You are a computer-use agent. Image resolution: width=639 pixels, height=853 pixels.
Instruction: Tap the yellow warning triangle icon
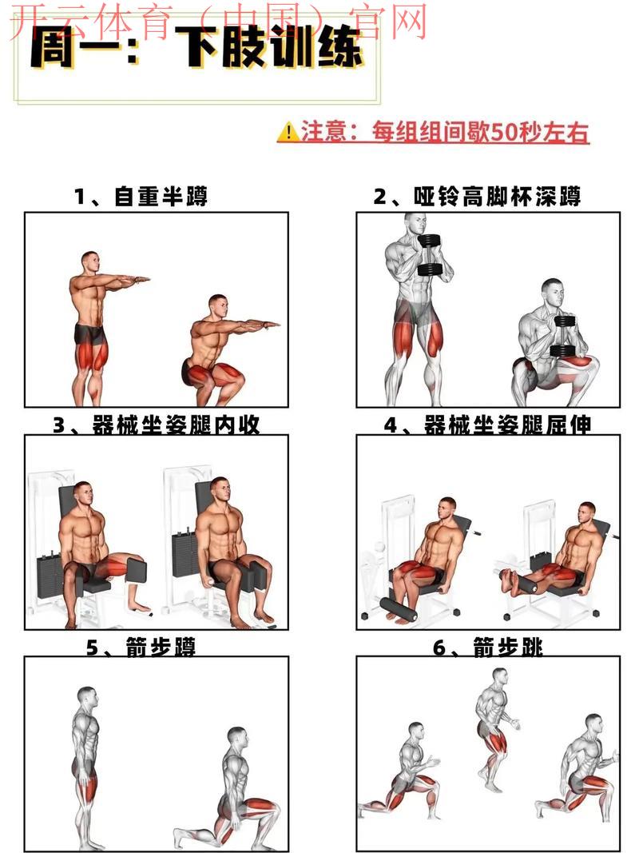tap(287, 132)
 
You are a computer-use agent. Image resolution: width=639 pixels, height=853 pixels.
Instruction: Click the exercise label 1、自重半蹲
tap(141, 197)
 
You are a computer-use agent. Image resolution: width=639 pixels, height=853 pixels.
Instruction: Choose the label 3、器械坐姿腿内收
tap(156, 425)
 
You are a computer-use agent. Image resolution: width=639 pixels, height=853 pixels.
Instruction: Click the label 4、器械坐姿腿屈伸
tap(487, 425)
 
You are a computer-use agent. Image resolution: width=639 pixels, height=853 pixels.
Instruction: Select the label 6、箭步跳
tap(487, 648)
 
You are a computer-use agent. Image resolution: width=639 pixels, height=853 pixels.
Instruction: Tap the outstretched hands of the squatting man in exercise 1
tap(268, 325)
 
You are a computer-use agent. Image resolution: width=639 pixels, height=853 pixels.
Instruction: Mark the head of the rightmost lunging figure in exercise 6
tap(592, 724)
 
